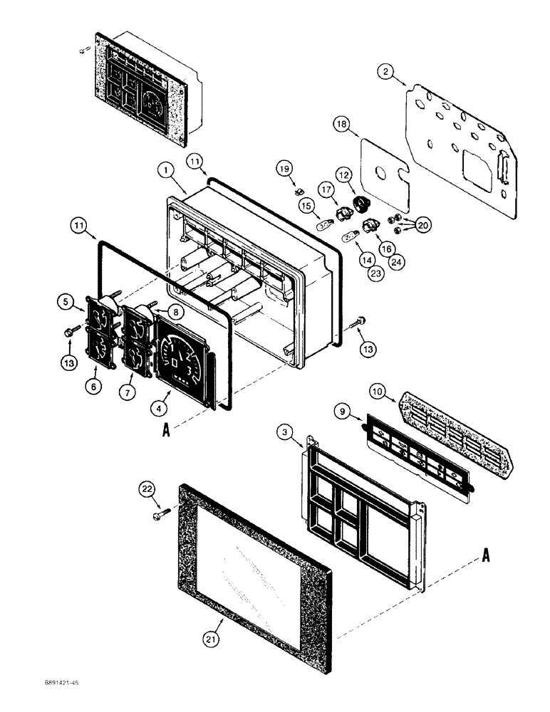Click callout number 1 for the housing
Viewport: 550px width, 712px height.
pos(165,171)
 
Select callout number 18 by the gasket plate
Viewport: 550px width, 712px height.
pos(341,124)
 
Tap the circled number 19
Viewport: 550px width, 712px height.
pos(285,169)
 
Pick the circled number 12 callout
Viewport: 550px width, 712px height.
pos(344,174)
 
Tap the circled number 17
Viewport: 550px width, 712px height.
pos(326,190)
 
